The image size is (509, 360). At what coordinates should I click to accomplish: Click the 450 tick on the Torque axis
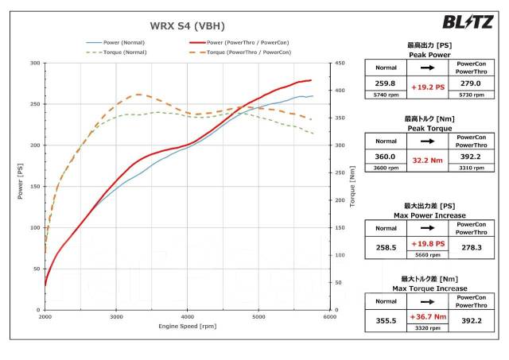click(x=340, y=63)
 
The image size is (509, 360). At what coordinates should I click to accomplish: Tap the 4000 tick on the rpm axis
click(x=188, y=317)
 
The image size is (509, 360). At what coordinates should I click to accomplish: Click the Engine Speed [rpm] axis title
click(x=187, y=327)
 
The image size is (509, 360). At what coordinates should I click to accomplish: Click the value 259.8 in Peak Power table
click(x=386, y=83)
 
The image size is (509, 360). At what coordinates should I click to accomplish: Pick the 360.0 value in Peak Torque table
click(x=386, y=157)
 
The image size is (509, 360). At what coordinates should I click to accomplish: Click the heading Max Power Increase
click(x=429, y=215)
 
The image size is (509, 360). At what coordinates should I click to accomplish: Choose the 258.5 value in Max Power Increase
click(x=386, y=248)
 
